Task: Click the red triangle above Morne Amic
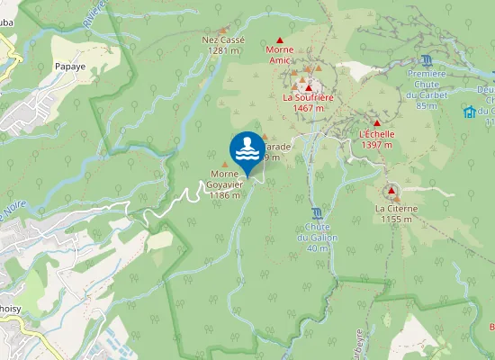(x=280, y=40)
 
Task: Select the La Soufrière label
(x=308, y=97)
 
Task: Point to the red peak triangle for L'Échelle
(x=377, y=123)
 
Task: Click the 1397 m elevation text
(x=376, y=145)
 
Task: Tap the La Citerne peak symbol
(x=391, y=191)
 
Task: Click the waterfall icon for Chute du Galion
(x=316, y=212)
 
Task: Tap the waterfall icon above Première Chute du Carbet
(x=427, y=59)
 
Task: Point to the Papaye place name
(x=69, y=67)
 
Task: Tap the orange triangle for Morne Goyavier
(x=225, y=164)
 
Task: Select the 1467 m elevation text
(x=308, y=108)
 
